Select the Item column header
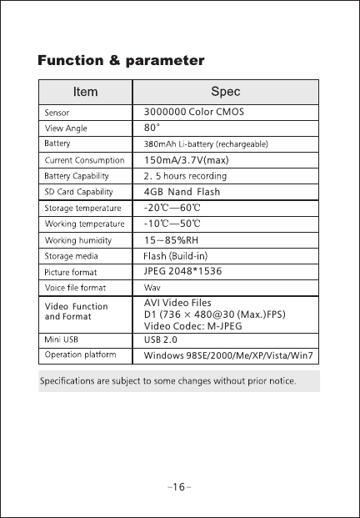click(x=85, y=91)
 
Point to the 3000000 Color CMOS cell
click(x=193, y=111)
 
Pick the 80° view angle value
click(x=152, y=128)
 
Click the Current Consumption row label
click(x=84, y=159)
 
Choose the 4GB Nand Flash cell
click(x=181, y=192)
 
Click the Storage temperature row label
click(x=82, y=208)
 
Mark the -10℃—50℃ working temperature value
click(x=172, y=224)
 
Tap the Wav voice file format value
click(x=152, y=287)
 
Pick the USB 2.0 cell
click(x=162, y=340)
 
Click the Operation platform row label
click(x=79, y=356)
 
